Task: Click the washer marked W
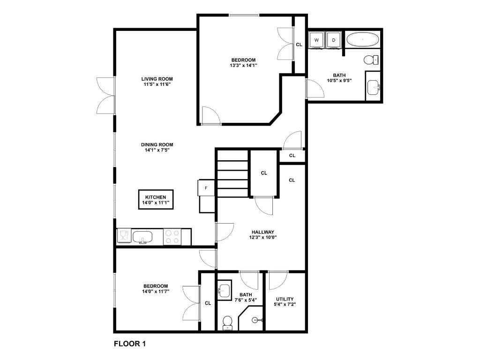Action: [x=317, y=40]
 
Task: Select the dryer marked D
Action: [x=334, y=40]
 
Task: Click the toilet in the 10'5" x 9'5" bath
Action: [x=371, y=60]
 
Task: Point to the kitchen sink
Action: [x=143, y=237]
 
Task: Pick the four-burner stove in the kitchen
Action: [x=172, y=236]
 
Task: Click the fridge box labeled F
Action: [x=206, y=188]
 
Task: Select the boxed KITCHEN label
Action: [x=156, y=200]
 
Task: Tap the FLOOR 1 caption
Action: [x=130, y=344]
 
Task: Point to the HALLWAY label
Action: [x=262, y=232]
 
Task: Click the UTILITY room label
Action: [x=285, y=299]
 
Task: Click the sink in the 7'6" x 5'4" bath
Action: [x=225, y=289]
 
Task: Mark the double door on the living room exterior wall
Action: [x=106, y=96]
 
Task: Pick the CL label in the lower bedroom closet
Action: [x=208, y=303]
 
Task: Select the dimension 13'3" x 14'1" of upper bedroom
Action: [x=243, y=65]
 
